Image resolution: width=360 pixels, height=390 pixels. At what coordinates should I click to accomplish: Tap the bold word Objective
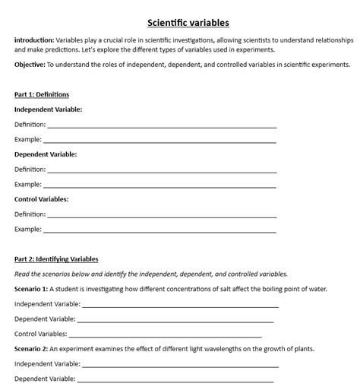pos(29,65)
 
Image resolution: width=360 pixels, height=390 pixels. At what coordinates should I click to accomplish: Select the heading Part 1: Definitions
pos(42,94)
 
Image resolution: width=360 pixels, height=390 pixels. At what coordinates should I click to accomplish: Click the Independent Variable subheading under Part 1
pos(49,109)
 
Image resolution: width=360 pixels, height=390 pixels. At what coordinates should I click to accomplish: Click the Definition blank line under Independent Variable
pos(161,125)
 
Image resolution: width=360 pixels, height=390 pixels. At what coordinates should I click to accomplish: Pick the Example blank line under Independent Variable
pos(159,141)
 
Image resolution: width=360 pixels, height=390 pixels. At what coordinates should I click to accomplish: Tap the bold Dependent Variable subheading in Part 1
pos(46,154)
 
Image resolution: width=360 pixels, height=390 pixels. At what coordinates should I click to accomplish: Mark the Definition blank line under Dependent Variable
pos(161,170)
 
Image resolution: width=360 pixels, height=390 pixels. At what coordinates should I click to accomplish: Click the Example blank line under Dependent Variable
pos(159,185)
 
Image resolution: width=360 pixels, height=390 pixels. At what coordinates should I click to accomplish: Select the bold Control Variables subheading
pos(42,199)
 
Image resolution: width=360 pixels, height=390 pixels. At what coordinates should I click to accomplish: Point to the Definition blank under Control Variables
pos(161,215)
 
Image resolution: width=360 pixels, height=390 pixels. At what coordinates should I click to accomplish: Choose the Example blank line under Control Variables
pos(159,230)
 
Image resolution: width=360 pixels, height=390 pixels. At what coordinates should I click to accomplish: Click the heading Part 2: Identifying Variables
pos(56,259)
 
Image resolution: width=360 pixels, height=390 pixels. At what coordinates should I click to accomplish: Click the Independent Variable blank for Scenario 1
pos(180,305)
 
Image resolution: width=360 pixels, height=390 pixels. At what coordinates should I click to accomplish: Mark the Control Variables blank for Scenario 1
pos(166,335)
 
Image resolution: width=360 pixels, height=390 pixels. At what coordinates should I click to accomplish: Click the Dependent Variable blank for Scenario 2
pos(175,379)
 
